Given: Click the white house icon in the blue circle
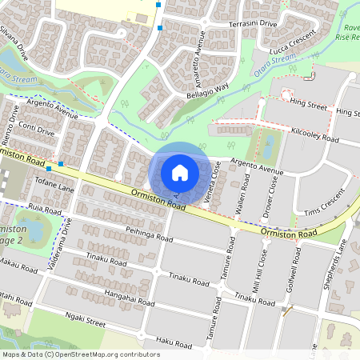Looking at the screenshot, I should [x=180, y=172].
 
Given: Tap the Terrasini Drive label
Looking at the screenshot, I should [x=253, y=25].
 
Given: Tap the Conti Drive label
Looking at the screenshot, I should [x=35, y=129].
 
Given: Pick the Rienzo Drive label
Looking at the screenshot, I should [x=14, y=121].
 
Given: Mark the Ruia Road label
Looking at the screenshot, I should [x=45, y=210].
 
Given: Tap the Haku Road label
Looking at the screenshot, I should [x=174, y=342].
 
